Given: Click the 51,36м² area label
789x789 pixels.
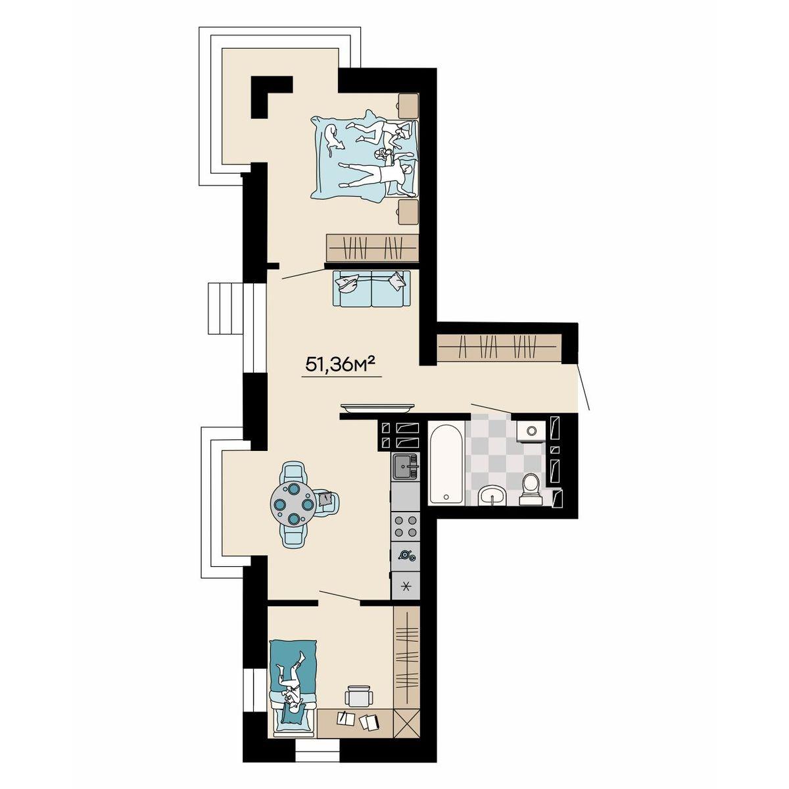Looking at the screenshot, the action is [x=341, y=364].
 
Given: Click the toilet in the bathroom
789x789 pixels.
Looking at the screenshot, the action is [x=531, y=490].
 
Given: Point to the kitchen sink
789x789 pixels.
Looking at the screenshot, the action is [x=406, y=466].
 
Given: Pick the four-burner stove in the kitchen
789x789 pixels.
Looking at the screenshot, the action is [x=406, y=526].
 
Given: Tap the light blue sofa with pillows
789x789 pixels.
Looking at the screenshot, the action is [x=371, y=288].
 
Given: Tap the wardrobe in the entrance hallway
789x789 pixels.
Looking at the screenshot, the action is [x=498, y=348].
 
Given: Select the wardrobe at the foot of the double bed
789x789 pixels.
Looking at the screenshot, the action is [x=372, y=248].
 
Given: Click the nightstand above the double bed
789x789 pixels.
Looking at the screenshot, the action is [x=408, y=106].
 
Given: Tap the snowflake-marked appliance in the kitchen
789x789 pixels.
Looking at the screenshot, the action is [x=406, y=586].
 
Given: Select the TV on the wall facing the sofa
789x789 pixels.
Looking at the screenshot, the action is [x=377, y=407].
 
